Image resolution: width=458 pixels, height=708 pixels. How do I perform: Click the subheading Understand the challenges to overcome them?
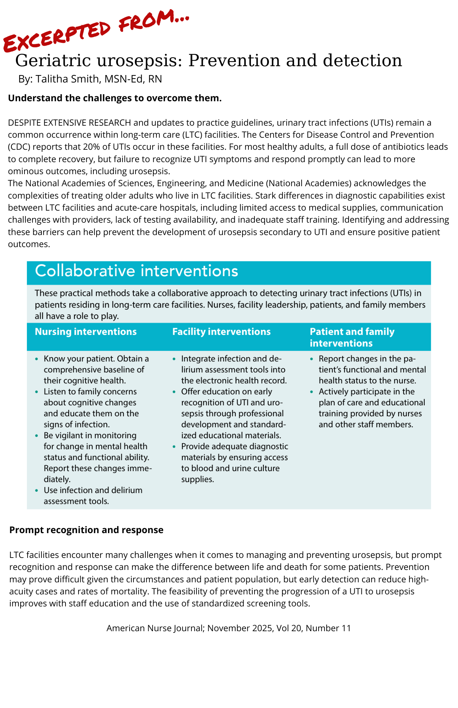(x=115, y=98)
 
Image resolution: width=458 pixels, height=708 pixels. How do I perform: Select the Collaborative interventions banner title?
(x=136, y=271)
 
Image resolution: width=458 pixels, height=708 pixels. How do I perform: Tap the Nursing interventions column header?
(x=86, y=332)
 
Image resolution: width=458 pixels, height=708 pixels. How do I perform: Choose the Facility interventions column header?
(x=221, y=332)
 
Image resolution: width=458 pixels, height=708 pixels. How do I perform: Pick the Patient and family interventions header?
(x=352, y=337)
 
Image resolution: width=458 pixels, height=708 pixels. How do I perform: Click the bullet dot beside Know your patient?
(x=37, y=359)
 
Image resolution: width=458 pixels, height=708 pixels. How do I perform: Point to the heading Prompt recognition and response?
(x=86, y=530)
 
